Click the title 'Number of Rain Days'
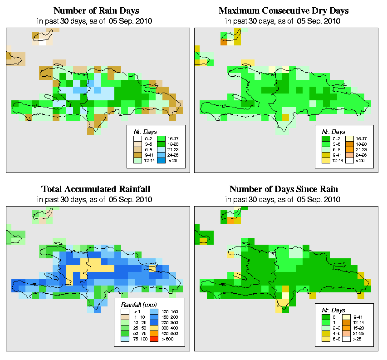(96, 10)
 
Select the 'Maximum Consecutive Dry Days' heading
(284, 10)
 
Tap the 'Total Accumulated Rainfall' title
(96, 189)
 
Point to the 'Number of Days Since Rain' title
(284, 189)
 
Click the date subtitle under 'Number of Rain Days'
(96, 21)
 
